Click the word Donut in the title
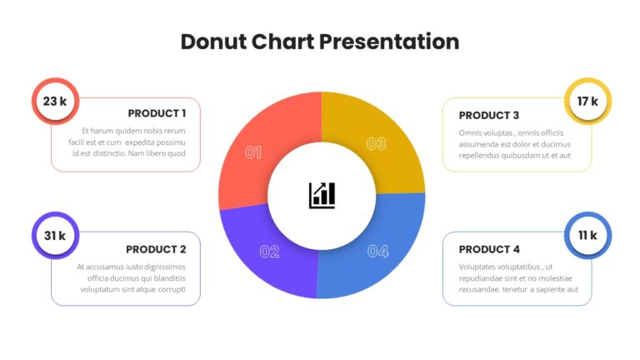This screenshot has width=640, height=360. pyautogui.click(x=213, y=42)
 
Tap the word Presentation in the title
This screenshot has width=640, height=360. pyautogui.click(x=389, y=42)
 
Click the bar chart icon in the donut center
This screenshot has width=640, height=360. pyautogui.click(x=322, y=196)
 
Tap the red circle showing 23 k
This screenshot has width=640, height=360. pyautogui.click(x=56, y=101)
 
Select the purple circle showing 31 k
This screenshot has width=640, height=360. pyautogui.click(x=56, y=236)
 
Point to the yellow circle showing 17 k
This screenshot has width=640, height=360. pyautogui.click(x=587, y=101)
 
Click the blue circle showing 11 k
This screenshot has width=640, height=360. pyautogui.click(x=587, y=236)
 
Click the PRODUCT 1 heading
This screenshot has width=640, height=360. pyautogui.click(x=157, y=113)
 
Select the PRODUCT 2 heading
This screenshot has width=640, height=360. pyautogui.click(x=156, y=249)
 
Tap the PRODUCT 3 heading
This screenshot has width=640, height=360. pyautogui.click(x=489, y=116)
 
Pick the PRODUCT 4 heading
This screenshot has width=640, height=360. pyautogui.click(x=489, y=249)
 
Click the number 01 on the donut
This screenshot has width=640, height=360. pyautogui.click(x=253, y=153)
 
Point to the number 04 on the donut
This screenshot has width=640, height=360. pyautogui.click(x=378, y=252)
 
